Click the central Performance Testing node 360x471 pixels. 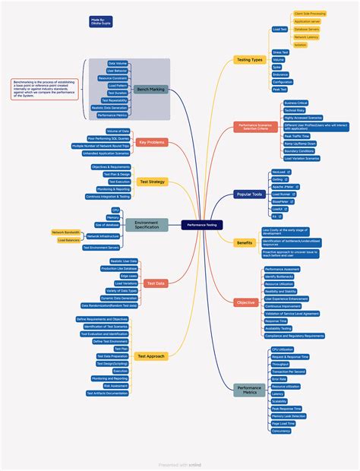coord(201,225)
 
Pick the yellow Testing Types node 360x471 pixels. coord(249,59)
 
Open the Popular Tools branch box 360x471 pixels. coord(249,194)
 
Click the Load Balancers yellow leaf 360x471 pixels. coord(69,240)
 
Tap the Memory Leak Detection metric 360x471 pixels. coord(289,416)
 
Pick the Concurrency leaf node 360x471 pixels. coord(280,431)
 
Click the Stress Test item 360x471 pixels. coord(280,52)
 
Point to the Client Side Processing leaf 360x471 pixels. coord(311,14)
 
